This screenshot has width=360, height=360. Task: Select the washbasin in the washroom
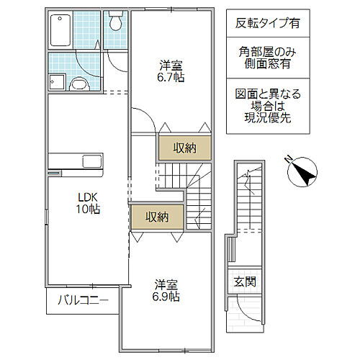(81, 84)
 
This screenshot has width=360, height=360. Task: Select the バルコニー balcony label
(84, 301)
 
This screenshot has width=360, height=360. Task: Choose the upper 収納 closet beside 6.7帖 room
(186, 148)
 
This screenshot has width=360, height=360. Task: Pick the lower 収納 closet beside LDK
(157, 217)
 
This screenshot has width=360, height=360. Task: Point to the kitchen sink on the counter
(94, 160)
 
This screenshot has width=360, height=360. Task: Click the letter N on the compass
(287, 158)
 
